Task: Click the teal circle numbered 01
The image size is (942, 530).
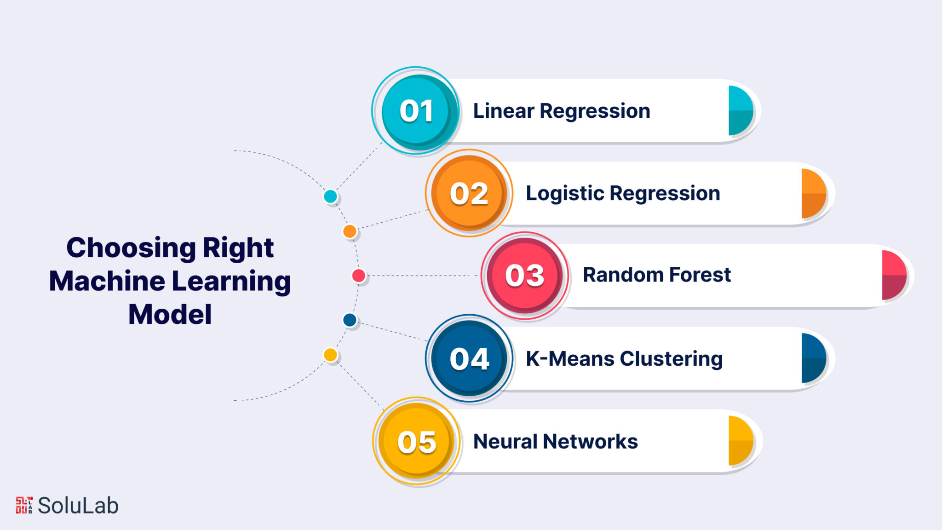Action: [416, 111]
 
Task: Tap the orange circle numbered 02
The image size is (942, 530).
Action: [469, 193]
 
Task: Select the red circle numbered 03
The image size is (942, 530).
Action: [525, 276]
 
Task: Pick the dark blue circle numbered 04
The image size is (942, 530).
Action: [469, 358]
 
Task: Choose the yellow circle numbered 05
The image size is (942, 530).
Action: [417, 441]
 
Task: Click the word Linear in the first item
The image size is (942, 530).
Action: [504, 111]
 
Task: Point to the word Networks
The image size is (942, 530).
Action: [591, 442]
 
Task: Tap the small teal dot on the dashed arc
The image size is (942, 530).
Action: [330, 196]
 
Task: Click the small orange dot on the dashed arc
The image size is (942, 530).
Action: [350, 231]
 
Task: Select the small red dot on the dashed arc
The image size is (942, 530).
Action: [359, 276]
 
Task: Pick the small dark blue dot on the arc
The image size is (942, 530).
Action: [350, 320]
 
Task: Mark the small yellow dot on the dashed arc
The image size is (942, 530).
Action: [330, 355]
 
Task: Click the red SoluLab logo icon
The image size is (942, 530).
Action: [24, 505]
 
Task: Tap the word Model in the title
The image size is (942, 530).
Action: [170, 315]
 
